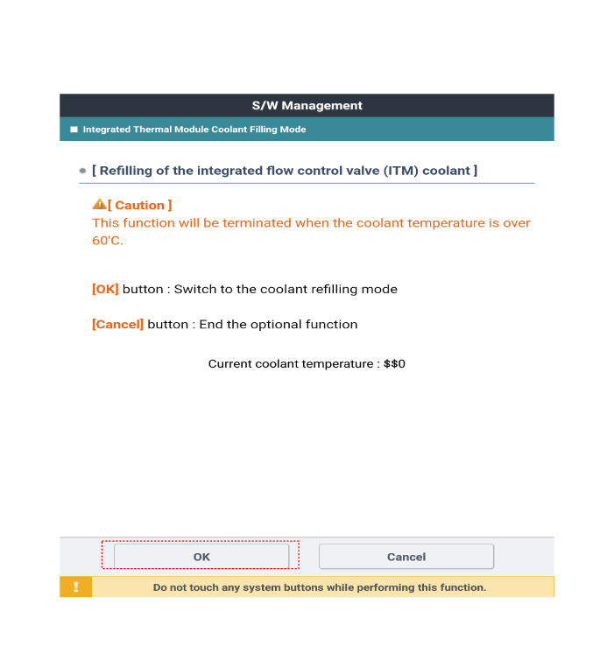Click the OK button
pos(201,556)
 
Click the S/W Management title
pos(307,106)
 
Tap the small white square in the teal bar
pos(74,130)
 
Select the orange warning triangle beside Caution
pos(99,205)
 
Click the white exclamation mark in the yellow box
pos(76,587)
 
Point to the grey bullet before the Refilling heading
pos(82,171)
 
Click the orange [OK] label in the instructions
pos(105,290)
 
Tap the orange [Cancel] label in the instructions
pos(117,325)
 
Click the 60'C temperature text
pos(108,241)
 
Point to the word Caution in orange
pos(139,206)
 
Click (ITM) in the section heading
pos(400,171)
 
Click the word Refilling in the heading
pos(128,171)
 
